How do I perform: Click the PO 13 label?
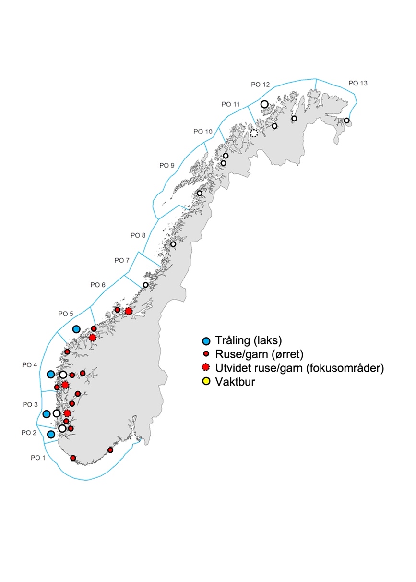tap(358, 83)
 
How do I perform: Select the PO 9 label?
tap(167, 166)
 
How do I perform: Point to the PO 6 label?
tap(98, 285)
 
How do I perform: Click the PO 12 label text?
tap(261, 85)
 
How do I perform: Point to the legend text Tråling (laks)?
tap(248, 341)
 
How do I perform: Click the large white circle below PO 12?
tap(264, 104)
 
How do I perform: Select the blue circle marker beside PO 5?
tap(76, 329)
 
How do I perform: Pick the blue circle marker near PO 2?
tap(51, 435)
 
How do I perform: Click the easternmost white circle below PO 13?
tap(346, 121)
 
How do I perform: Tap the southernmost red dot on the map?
tap(73, 458)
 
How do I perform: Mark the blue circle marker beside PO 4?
tap(50, 375)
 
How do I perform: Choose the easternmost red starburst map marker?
tap(128, 311)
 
